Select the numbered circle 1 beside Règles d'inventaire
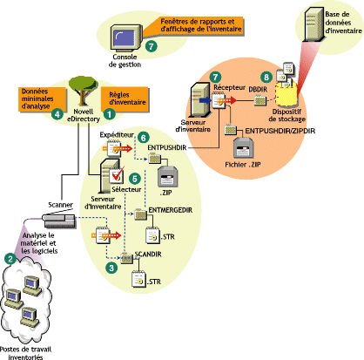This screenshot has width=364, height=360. point(110,112)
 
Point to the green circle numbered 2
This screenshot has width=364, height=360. point(10,259)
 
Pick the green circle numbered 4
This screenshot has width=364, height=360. point(57,112)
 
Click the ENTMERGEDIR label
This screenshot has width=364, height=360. point(174,209)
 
